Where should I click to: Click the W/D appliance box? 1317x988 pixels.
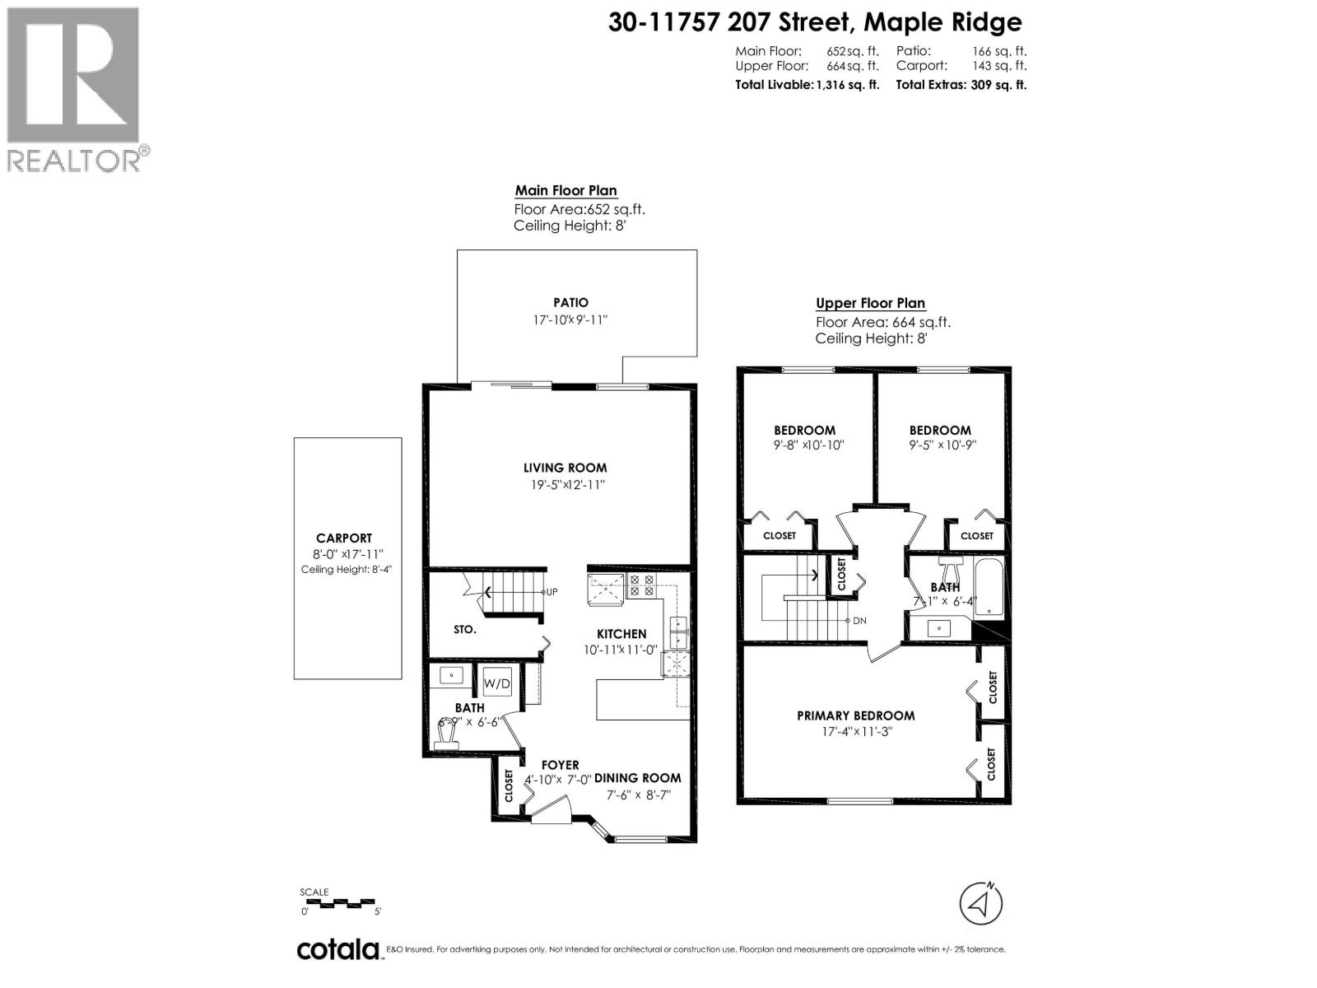pos(496,683)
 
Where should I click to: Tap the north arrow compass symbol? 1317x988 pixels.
pos(980,904)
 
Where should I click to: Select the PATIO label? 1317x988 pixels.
pos(570,302)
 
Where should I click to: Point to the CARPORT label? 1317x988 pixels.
pos(344,538)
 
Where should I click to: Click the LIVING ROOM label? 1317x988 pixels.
pos(565,467)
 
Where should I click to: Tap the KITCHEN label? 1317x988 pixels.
pos(621,633)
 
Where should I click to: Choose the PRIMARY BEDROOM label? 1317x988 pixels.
pos(855,715)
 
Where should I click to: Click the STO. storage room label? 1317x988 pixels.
pos(464,629)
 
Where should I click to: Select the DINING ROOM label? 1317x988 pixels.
pos(638,777)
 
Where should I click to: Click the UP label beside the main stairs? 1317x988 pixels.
pos(551,591)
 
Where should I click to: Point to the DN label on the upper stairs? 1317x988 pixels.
pos(859,620)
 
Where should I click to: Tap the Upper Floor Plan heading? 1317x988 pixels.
pos(870,303)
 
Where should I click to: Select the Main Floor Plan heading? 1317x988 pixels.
pos(565,190)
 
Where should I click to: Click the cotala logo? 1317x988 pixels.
pos(337,949)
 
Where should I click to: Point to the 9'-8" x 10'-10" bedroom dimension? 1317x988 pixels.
pos(803,445)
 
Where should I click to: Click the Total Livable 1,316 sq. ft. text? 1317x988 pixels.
pos(807,84)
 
